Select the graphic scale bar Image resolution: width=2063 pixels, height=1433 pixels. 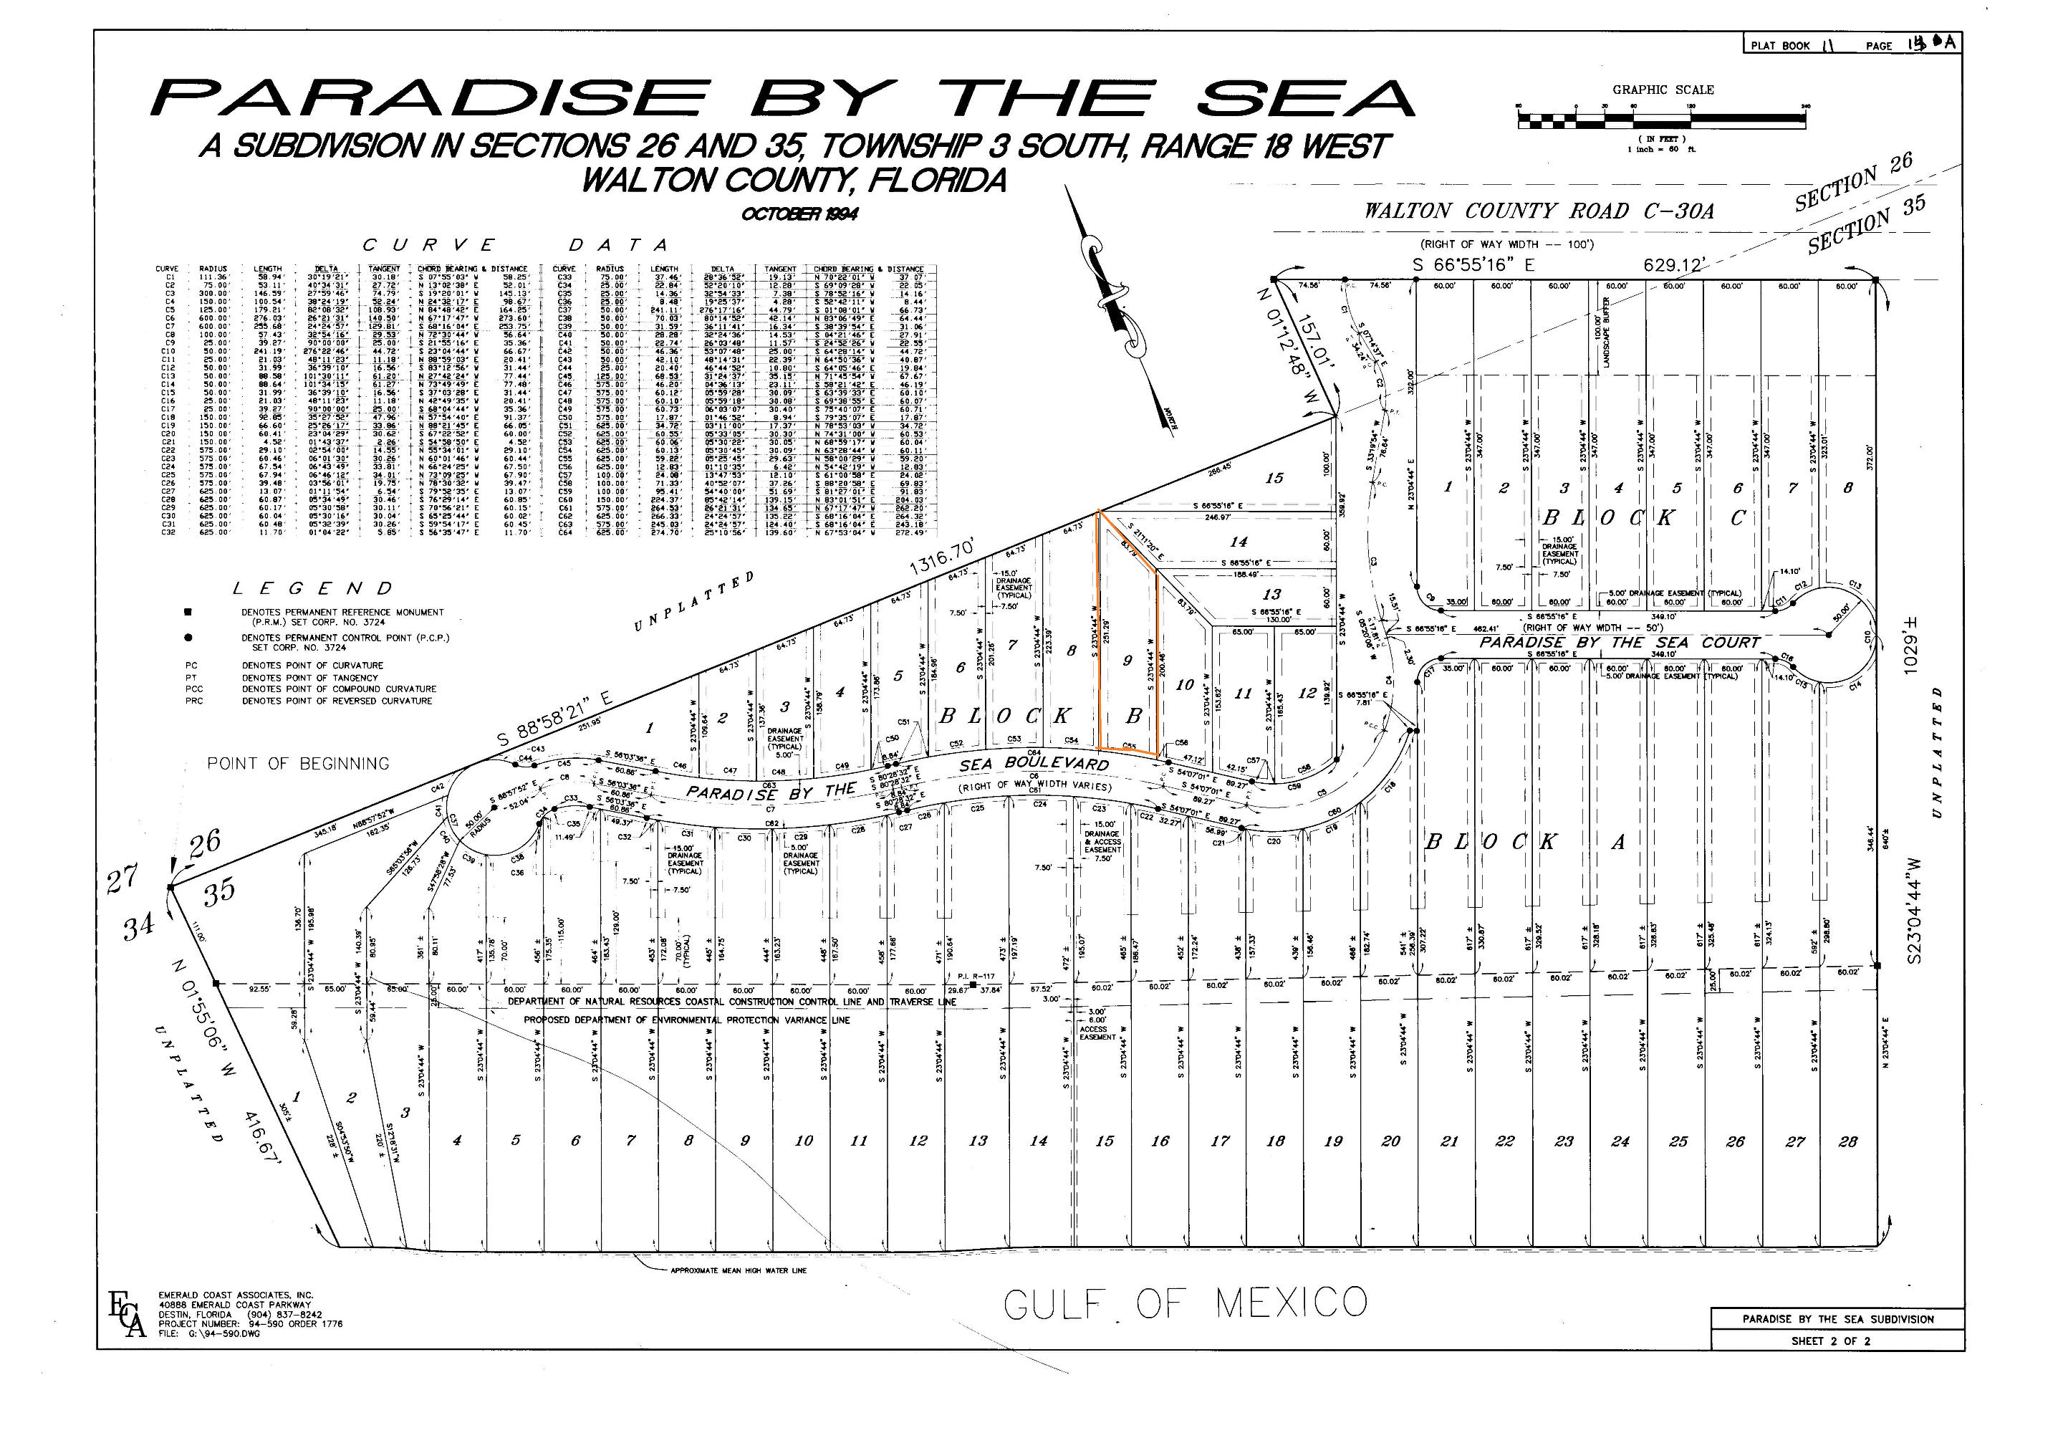tap(1661, 118)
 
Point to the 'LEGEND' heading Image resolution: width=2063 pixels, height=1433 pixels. tap(312, 589)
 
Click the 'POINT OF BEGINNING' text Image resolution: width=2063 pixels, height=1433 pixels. tap(298, 764)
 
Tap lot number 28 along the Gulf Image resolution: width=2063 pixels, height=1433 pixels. tap(1847, 1141)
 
